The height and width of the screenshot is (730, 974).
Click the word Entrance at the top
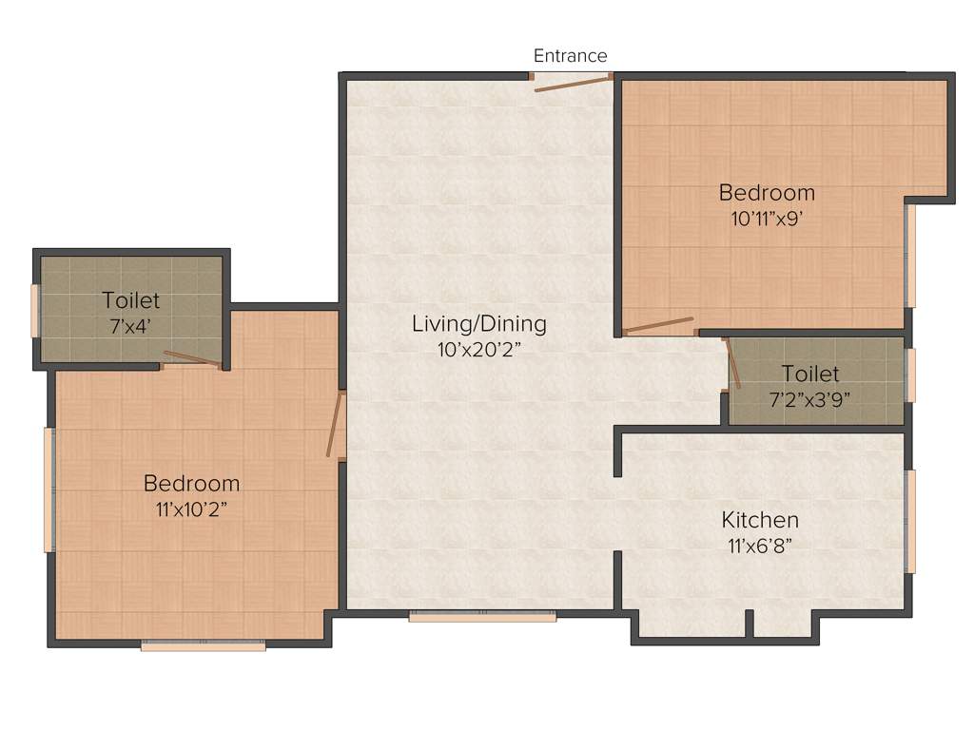pos(570,55)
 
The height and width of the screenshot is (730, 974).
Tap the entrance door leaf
pos(572,85)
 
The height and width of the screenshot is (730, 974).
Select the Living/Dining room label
pos(479,323)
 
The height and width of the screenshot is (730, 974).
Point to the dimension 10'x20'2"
pos(479,348)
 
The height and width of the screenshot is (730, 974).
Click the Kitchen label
pos(760,520)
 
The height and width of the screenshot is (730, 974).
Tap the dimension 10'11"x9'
pos(767,218)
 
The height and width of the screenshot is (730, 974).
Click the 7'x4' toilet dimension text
pos(131,325)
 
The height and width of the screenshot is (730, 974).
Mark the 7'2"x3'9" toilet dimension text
pos(809,398)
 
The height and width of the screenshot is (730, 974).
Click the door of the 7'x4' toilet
pos(191,358)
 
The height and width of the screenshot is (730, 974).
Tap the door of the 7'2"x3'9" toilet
pos(733,363)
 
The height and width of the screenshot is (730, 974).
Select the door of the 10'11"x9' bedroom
pos(658,325)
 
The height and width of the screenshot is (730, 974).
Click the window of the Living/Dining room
pos(482,616)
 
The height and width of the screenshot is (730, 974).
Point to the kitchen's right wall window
pos(910,521)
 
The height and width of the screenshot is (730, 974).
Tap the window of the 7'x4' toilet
pos(35,310)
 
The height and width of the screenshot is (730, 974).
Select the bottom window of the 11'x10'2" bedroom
pos(203,645)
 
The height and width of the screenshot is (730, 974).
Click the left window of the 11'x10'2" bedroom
pos(49,490)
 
